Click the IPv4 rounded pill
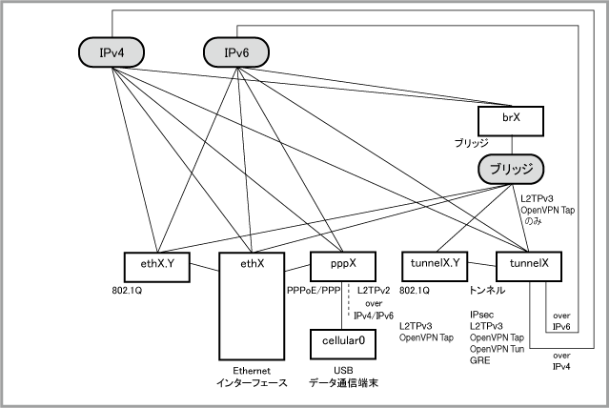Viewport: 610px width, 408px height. point(111,52)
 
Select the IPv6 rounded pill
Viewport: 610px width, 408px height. point(236,52)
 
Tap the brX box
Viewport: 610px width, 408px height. point(510,121)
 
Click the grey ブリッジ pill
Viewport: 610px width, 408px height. point(510,170)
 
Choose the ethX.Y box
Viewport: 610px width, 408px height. point(156,267)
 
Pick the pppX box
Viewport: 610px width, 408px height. point(343,267)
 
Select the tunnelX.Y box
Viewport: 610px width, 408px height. point(435,267)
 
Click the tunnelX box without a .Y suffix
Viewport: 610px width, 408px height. point(529,267)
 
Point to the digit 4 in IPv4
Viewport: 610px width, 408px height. point(120,52)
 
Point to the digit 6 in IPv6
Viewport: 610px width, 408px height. point(246,52)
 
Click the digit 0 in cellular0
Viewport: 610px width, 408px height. point(361,341)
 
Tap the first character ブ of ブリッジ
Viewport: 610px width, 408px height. point(495,170)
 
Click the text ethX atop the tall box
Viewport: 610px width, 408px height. point(252,263)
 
